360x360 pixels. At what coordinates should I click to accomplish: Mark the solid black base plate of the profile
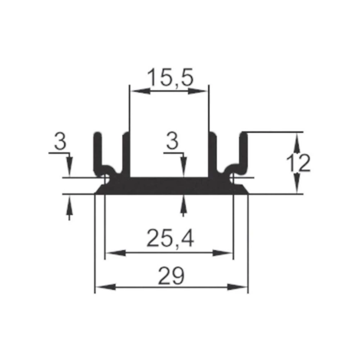click(x=169, y=186)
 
